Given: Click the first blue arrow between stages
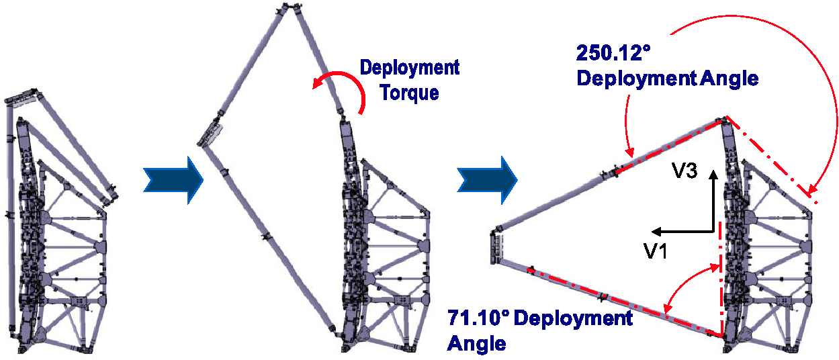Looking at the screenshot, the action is pyautogui.click(x=173, y=180).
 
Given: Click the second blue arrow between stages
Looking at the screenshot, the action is pyautogui.click(x=487, y=180).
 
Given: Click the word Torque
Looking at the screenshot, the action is pyautogui.click(x=410, y=92).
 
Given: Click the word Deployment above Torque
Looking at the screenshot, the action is pyautogui.click(x=410, y=67).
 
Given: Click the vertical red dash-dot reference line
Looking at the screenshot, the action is pyautogui.click(x=721, y=282).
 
